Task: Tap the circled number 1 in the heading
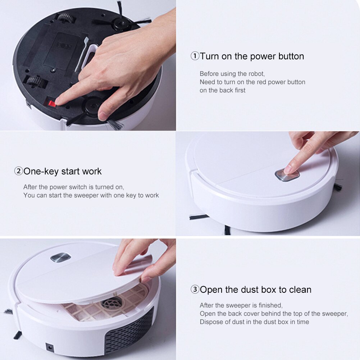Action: pos(195,56)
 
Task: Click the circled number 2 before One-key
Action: pos(18,171)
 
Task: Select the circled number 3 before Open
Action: pos(195,290)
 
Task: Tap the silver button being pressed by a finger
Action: pos(287,175)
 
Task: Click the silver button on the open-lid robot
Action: pos(60,258)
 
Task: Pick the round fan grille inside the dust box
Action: pos(112,303)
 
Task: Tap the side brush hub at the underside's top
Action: pos(121,23)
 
